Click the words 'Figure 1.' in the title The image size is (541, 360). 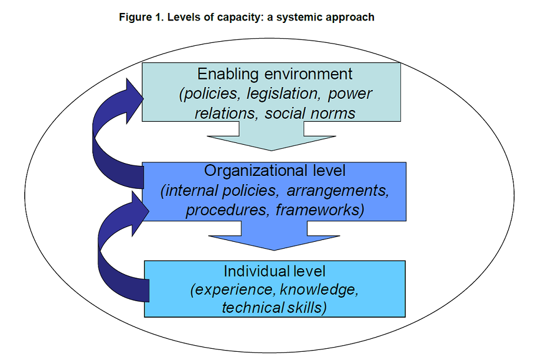141,17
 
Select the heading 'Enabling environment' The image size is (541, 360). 275,74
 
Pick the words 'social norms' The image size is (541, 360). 310,113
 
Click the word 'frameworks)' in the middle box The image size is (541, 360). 320,210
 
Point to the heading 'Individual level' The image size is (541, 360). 275,271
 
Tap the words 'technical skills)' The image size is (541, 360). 275,308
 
